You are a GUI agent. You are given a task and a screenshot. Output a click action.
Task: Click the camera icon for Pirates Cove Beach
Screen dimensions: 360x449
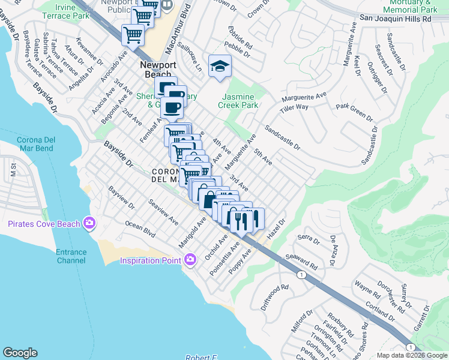(89, 223)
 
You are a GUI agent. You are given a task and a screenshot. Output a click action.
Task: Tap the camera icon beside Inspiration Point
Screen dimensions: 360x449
(190, 260)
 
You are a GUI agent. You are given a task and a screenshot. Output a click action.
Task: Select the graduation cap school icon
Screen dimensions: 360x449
(220, 66)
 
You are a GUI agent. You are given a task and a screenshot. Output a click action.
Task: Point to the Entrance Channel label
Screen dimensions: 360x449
(71, 256)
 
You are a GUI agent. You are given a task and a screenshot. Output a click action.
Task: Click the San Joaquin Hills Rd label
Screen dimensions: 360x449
(396, 19)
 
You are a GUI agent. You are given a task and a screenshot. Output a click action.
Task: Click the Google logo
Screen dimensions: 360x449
(20, 353)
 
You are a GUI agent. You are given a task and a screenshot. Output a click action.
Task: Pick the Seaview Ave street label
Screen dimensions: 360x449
(163, 212)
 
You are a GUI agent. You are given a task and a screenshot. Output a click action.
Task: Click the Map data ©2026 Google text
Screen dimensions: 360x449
(411, 355)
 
